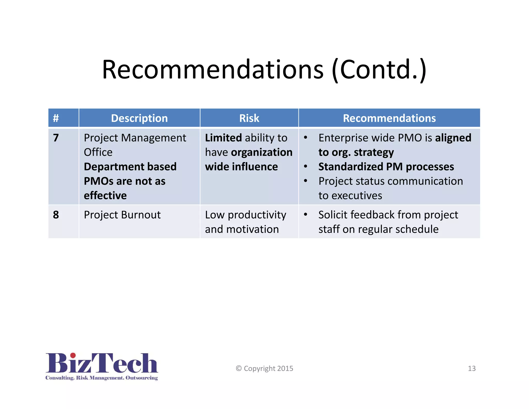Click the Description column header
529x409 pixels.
[139, 118]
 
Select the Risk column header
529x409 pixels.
[249, 118]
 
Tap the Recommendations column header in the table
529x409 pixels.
[389, 118]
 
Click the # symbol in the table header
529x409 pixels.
[56, 118]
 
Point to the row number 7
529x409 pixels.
[56, 138]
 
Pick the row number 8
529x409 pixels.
[56, 215]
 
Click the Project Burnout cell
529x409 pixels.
[122, 215]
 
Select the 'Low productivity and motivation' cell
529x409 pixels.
[245, 222]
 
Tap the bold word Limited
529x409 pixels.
[223, 138]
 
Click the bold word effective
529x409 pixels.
[105, 196]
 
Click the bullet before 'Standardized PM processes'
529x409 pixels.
[306, 166]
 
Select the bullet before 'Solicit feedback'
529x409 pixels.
[306, 215]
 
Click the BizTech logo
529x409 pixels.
[102, 366]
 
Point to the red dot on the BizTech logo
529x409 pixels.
[73, 355]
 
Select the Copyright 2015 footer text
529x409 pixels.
[264, 368]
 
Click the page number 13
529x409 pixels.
[472, 368]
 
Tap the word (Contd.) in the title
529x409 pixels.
[379, 70]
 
